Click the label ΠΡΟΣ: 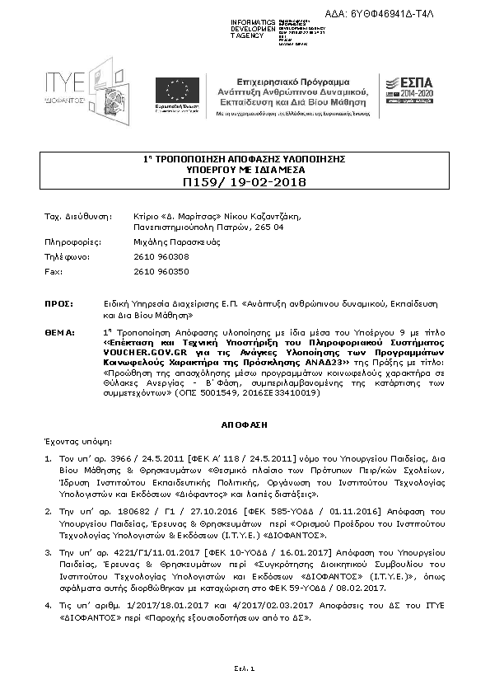[56, 304]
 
